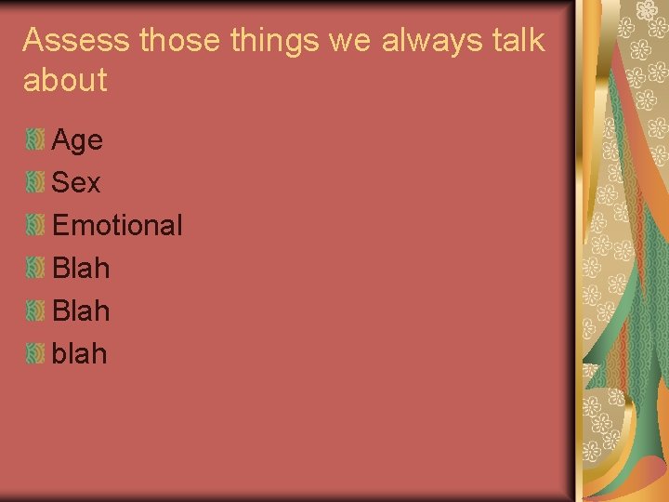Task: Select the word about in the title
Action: [x=65, y=81]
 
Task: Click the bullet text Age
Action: [x=77, y=141]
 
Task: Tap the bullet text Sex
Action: [x=76, y=183]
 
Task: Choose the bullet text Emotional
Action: [x=117, y=225]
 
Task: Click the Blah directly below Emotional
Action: [x=81, y=269]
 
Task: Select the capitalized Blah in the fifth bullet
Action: [x=81, y=311]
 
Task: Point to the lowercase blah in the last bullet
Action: [x=79, y=353]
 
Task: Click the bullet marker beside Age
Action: [x=35, y=140]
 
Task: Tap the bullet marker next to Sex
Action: [x=35, y=182]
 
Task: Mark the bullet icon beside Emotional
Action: [x=35, y=224]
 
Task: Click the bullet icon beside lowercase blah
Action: [x=35, y=352]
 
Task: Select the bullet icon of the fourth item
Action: [x=35, y=268]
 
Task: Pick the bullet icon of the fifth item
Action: [x=35, y=310]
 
